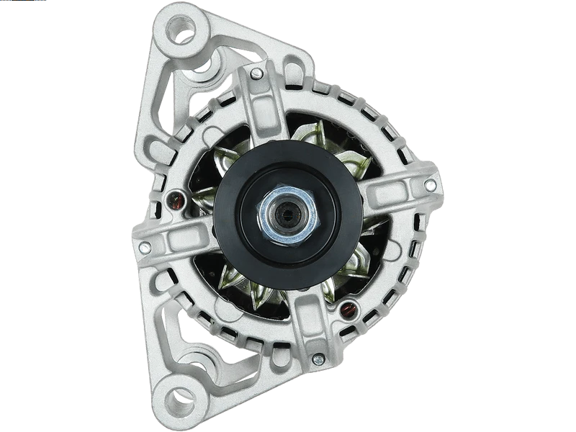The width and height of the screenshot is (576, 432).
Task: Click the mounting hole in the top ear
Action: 179,31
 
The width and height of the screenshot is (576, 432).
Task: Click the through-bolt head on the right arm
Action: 430,186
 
